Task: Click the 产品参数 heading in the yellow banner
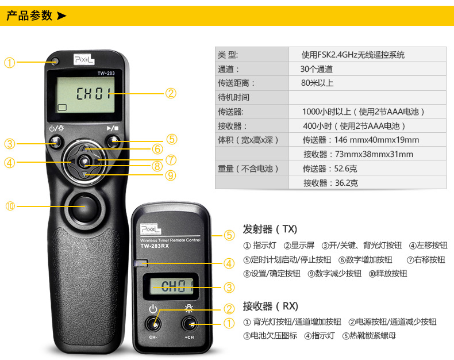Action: (x=29, y=16)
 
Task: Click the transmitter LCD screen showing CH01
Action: (x=86, y=95)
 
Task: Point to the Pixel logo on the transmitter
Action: (x=84, y=59)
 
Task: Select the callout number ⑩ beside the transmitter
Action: (x=10, y=206)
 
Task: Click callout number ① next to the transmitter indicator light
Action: (x=9, y=63)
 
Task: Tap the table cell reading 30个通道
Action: (x=317, y=69)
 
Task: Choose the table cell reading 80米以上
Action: (x=317, y=83)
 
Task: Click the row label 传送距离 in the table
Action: (x=236, y=83)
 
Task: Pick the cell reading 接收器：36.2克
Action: (x=330, y=183)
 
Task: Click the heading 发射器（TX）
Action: (x=270, y=229)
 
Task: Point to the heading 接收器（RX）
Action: (x=271, y=306)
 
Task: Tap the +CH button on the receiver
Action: (x=190, y=324)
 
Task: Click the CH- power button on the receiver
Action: (x=153, y=324)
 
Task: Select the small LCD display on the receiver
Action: (x=171, y=286)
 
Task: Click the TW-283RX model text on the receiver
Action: (x=155, y=246)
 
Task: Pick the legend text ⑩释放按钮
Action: (x=388, y=273)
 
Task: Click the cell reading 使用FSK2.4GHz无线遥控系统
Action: (x=353, y=55)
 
